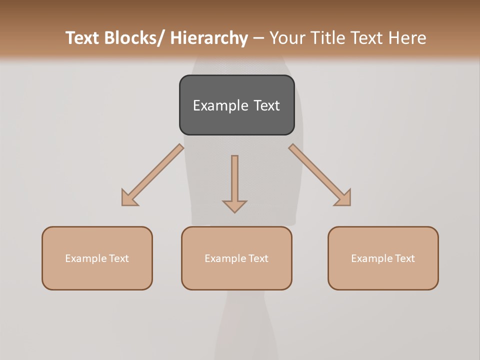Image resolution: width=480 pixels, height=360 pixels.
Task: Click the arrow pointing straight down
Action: point(234,182)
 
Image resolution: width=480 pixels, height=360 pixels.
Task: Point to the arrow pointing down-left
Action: point(152,175)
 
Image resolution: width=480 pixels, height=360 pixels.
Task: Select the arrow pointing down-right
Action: point(320,175)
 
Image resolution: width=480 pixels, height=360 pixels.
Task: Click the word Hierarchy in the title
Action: point(209,38)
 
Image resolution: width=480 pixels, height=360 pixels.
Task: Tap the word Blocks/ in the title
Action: point(136,38)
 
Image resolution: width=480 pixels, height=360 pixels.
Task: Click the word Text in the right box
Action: point(404,258)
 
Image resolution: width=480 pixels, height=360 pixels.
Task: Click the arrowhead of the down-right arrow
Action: point(343,198)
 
